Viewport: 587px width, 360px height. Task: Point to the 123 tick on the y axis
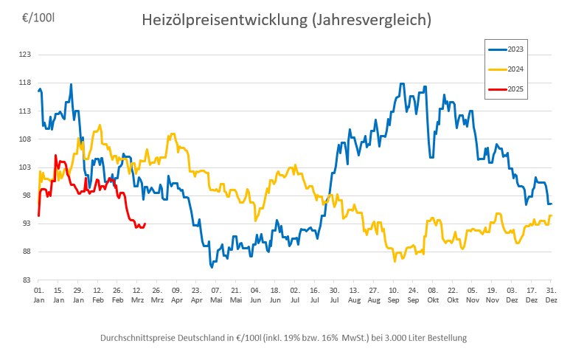point(25,55)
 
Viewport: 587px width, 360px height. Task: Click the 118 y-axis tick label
point(25,83)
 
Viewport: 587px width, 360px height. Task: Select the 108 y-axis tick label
point(25,139)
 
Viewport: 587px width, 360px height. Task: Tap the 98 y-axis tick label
point(27,195)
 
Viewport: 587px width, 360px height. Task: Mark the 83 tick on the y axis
point(27,280)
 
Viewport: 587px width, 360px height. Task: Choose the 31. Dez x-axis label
point(552,296)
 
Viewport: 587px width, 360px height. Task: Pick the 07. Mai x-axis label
point(216,296)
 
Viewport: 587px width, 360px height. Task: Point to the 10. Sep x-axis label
point(393,296)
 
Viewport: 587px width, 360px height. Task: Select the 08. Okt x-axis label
point(433,296)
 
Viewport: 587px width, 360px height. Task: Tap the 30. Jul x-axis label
point(334,296)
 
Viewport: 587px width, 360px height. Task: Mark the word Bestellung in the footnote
point(445,338)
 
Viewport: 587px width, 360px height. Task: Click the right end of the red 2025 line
point(145,224)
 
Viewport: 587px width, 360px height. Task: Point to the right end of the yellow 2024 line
point(552,215)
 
